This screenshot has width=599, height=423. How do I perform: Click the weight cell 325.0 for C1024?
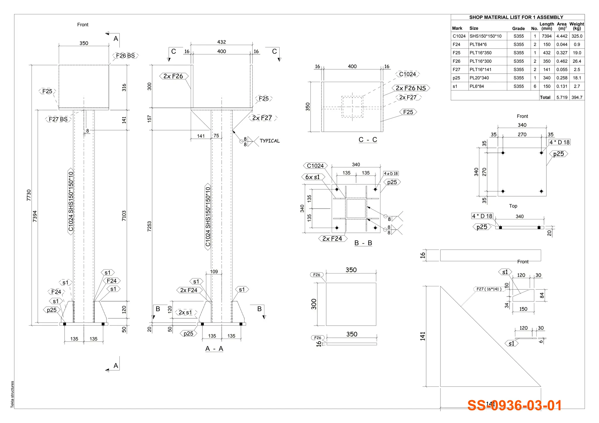point(577,36)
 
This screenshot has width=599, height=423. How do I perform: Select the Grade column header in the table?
point(518,28)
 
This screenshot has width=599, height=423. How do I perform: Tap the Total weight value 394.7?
point(577,97)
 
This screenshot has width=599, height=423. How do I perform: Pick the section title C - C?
point(368,140)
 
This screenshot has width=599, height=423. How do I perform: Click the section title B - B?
point(363,243)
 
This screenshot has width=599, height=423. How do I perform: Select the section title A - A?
point(214,349)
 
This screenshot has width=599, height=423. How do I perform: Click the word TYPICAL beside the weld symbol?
point(269,141)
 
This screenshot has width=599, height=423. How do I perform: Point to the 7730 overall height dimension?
point(29,195)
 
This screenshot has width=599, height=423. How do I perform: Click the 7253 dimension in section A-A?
point(149,226)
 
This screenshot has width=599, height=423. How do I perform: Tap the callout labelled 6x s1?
point(312,177)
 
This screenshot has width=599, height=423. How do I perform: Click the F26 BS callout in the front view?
point(125,56)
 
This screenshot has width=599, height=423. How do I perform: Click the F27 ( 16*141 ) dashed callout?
point(489,289)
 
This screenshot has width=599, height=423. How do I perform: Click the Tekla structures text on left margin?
point(12,394)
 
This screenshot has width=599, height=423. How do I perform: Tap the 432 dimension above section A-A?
point(221,42)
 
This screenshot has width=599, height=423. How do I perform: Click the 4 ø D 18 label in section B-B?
point(391,174)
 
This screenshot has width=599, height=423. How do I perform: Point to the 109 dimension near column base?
point(214,272)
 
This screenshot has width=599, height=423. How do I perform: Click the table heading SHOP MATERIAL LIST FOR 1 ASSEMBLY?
point(516,17)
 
